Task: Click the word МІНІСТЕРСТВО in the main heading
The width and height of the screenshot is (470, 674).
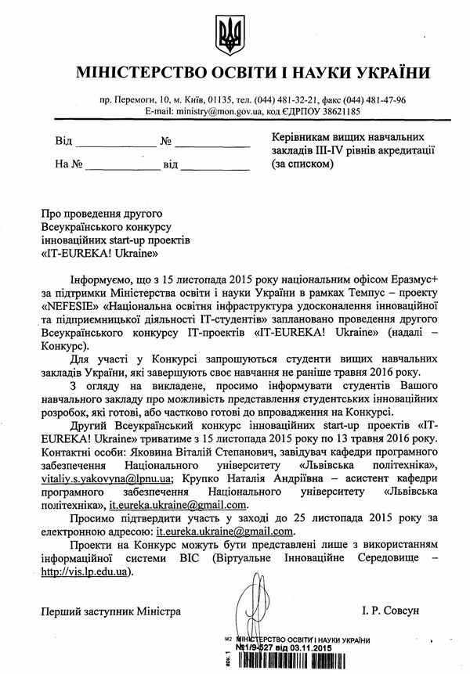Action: (x=138, y=74)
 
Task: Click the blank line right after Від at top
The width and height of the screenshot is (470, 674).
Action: (x=116, y=142)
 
